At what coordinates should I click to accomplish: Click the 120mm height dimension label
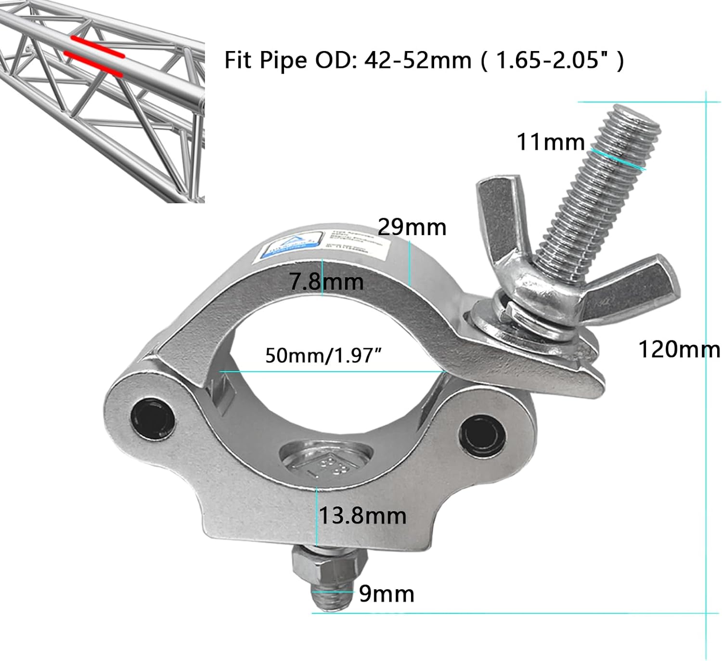point(679,349)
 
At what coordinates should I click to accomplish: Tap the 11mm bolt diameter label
point(550,142)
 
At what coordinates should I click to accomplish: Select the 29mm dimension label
point(412,227)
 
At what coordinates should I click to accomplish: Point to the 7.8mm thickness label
point(326,281)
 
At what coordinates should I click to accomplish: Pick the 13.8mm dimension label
point(362,516)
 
